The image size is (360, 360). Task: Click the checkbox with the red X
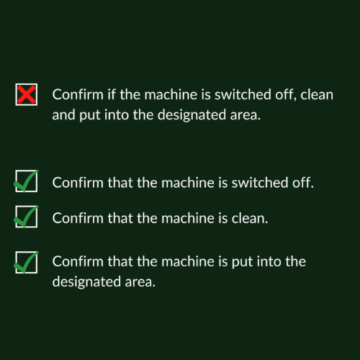coord(26,94)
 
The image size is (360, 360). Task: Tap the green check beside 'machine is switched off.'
coord(26,181)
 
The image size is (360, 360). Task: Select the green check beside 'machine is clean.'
coord(26,216)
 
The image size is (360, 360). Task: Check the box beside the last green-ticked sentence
coord(26,263)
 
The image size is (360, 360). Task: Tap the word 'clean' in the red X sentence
coord(315,94)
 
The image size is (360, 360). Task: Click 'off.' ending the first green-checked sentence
coord(302,181)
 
